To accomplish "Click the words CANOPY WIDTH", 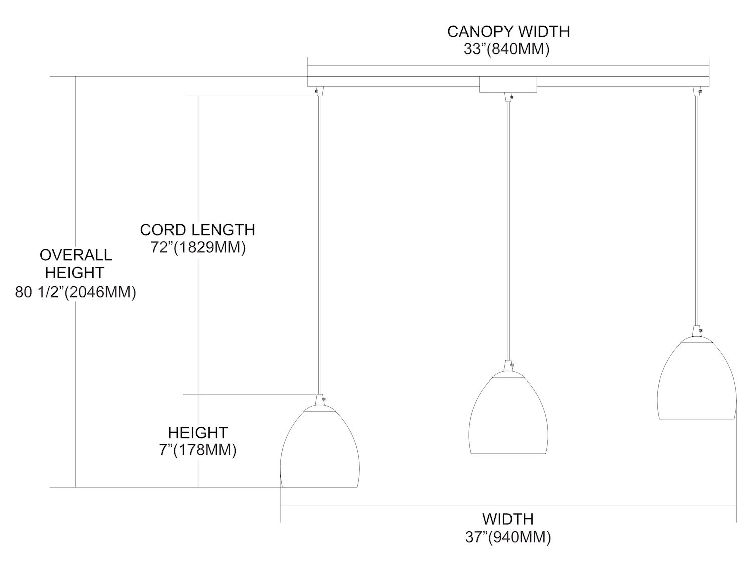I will [508, 31].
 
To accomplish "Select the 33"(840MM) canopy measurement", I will [507, 49].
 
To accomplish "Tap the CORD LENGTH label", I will [198, 230].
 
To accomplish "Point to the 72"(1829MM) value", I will [198, 247].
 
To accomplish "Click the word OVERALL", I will [76, 255].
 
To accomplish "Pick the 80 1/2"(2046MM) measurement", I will [76, 292].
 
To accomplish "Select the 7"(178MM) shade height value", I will [198, 450].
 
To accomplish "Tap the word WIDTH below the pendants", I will [508, 519].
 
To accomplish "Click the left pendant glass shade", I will [319, 449].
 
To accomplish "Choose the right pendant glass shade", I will [696, 380].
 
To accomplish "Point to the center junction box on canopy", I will [508, 84].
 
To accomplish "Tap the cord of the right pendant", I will [696, 211].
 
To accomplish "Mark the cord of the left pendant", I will [319, 241].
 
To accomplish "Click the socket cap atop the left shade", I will [319, 400].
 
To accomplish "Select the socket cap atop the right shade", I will [696, 331].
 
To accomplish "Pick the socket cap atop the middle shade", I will [508, 365].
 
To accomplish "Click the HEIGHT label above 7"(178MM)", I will [198, 432].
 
